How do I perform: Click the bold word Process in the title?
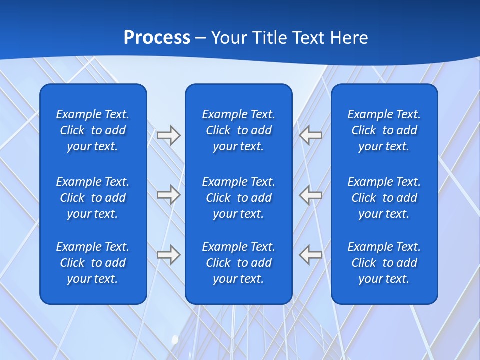coord(157,38)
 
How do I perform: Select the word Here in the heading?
coord(350,38)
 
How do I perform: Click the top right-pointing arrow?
coord(168,135)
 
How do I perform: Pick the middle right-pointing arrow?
coord(168,194)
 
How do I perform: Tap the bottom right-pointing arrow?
coord(168,254)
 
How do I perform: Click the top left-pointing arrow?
coord(311,135)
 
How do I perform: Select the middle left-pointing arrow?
coord(311,194)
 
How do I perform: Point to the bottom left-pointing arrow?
coord(311,254)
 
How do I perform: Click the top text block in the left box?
coord(93,130)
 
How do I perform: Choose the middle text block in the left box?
coord(93,198)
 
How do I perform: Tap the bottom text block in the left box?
coord(93,263)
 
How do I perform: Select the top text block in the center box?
coord(238,130)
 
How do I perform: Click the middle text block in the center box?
coord(238,198)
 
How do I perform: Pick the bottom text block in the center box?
coord(238,263)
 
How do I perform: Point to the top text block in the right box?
coord(384,130)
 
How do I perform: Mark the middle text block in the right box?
coord(384,198)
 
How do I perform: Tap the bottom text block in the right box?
coord(384,263)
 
